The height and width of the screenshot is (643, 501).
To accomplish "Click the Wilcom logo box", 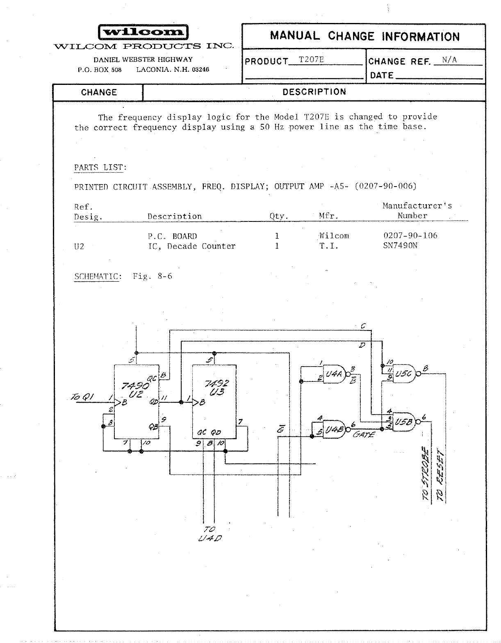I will tap(143, 32).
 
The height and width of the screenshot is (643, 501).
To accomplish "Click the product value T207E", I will tap(311, 60).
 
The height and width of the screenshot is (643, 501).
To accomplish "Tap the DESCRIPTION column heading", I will tap(314, 92).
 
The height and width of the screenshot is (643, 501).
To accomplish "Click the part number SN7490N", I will tap(400, 246).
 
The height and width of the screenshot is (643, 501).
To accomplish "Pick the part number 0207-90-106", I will tap(410, 235).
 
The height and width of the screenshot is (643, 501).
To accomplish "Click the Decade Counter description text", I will tap(192, 246).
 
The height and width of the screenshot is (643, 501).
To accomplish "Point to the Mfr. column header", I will tap(328, 216).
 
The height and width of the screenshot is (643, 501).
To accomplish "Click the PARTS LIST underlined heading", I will tap(100, 167).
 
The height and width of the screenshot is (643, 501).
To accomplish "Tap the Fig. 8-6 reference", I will tap(153, 276).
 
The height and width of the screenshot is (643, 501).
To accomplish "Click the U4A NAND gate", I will tap(335, 374).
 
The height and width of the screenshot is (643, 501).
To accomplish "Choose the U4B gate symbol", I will tap(334, 429).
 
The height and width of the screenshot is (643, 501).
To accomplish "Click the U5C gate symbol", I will tap(404, 374).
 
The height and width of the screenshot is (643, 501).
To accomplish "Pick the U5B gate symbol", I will tap(404, 421).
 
